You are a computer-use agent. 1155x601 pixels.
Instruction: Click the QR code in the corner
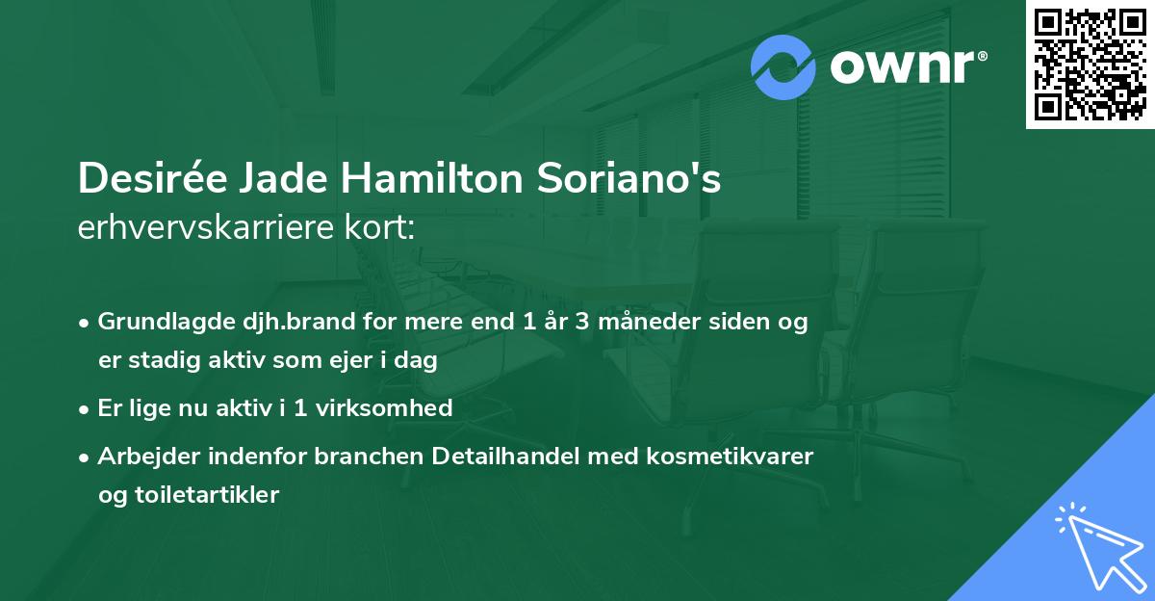(1091, 64)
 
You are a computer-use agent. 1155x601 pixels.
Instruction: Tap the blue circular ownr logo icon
(783, 67)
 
